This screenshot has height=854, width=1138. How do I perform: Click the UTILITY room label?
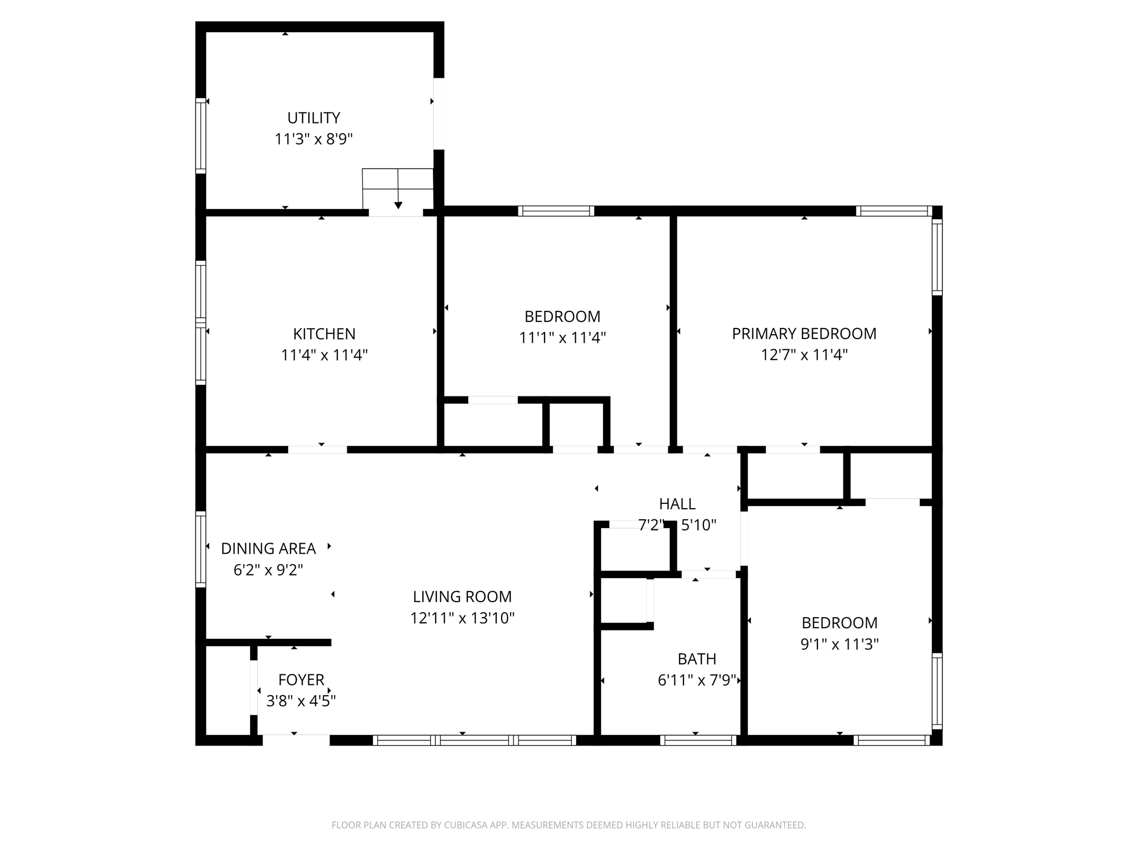click(x=313, y=118)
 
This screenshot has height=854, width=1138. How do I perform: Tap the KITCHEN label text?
click(x=324, y=334)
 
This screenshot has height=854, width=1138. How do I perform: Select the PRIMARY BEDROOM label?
click(x=804, y=334)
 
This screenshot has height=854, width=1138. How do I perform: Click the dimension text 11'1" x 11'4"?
click(x=562, y=337)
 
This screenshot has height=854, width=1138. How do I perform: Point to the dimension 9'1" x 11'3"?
click(x=840, y=644)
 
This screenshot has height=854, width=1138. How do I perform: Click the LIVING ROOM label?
click(x=462, y=597)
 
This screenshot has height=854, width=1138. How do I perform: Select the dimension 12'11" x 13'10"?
click(x=462, y=618)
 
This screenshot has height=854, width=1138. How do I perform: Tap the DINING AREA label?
click(x=268, y=549)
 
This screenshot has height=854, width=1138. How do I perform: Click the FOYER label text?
click(x=301, y=679)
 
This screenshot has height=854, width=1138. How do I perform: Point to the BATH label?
click(x=697, y=659)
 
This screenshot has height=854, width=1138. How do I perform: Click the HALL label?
click(x=677, y=504)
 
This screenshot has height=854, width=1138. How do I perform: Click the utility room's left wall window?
click(x=201, y=136)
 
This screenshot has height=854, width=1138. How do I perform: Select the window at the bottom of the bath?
click(x=698, y=740)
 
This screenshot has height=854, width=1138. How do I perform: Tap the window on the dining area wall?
click(x=201, y=549)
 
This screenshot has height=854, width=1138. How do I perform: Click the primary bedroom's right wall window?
click(x=937, y=257)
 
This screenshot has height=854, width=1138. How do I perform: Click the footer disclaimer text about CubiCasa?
click(x=568, y=825)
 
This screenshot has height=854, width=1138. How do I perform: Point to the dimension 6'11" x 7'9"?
click(x=697, y=680)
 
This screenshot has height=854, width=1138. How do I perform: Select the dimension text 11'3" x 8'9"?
click(x=313, y=139)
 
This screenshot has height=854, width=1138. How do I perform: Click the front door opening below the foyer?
click(x=296, y=740)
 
